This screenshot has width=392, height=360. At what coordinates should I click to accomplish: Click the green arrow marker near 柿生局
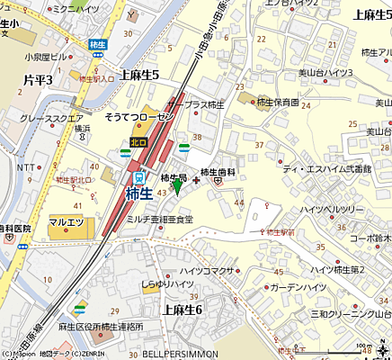[x=177, y=187]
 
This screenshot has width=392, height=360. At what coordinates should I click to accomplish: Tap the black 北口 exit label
[x=138, y=142]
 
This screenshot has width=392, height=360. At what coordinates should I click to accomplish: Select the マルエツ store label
[x=66, y=221]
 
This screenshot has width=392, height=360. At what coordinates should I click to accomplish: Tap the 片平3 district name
[x=38, y=81]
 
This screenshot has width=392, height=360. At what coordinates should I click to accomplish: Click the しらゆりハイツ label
[x=167, y=284]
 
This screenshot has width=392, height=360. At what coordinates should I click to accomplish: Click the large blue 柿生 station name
[x=138, y=193]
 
